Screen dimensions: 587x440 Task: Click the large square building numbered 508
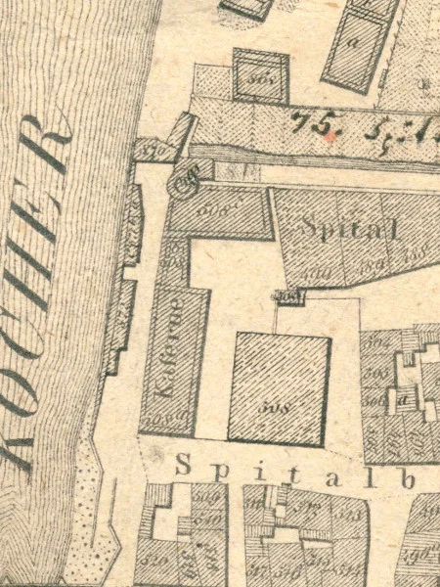(x=279, y=388)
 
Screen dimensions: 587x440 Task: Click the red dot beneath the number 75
(x=330, y=138)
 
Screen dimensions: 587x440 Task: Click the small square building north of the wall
(x=260, y=74)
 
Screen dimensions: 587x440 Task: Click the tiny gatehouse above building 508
(x=286, y=296)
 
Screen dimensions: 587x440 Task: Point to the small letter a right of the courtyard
(x=402, y=399)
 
